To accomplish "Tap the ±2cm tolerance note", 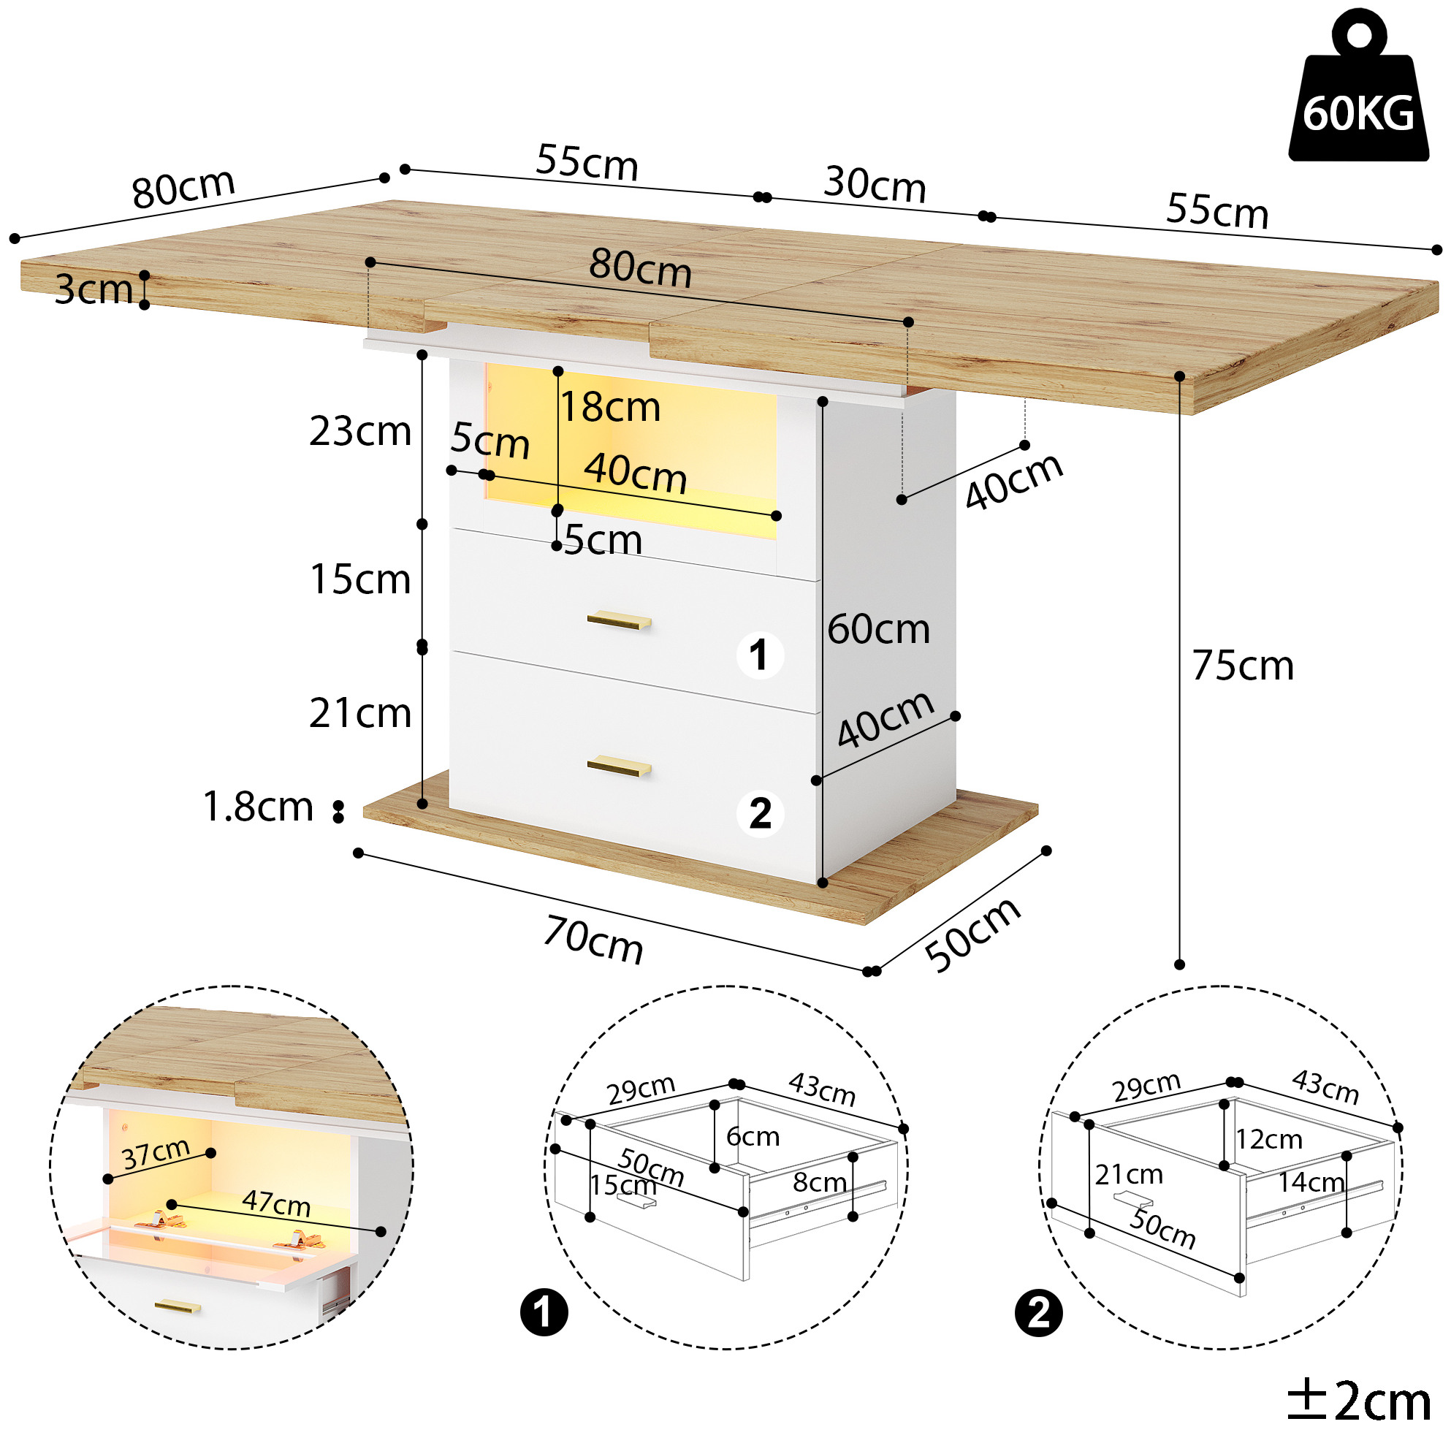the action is click(1358, 1401).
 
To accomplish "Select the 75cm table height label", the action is click(1243, 666).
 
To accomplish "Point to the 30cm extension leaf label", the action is click(875, 184).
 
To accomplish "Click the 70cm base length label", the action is click(594, 939).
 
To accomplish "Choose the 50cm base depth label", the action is click(973, 935).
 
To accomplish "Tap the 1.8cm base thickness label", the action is click(258, 807).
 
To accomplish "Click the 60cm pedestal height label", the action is click(878, 629).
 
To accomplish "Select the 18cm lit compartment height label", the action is click(610, 407).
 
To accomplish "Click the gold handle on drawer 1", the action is click(619, 620).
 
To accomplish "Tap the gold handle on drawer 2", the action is click(619, 766).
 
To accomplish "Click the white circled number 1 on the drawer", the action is click(759, 655).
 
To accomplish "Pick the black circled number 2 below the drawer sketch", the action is click(1039, 1314).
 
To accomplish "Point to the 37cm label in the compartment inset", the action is click(156, 1153).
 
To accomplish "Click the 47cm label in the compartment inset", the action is click(276, 1203).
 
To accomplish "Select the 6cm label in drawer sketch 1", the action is click(753, 1136).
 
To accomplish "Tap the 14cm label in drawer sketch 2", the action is click(1311, 1182).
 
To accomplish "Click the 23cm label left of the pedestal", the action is click(359, 431).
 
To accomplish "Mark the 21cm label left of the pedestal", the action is click(359, 712).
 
